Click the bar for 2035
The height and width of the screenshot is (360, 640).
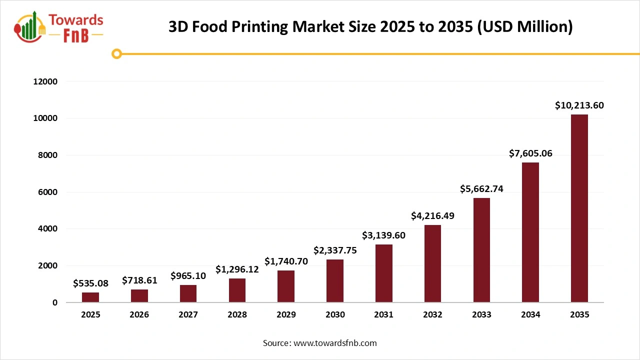[579, 208]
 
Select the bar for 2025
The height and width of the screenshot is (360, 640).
[90, 297]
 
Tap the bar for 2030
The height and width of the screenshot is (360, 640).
[335, 280]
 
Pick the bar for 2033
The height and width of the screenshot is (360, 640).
[481, 250]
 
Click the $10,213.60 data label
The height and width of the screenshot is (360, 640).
[579, 105]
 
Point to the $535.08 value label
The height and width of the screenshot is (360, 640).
[90, 283]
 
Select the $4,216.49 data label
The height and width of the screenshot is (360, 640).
[432, 216]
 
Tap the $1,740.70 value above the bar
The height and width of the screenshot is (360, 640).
[286, 261]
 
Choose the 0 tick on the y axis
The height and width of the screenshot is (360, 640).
[55, 302]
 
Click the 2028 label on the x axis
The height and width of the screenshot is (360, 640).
[237, 315]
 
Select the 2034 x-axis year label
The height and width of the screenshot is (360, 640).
[530, 315]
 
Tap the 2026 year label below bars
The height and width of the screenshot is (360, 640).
[139, 315]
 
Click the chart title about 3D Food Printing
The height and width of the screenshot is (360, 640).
[370, 26]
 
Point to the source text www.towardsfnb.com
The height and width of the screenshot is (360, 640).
[319, 343]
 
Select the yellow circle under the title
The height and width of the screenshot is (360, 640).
[116, 53]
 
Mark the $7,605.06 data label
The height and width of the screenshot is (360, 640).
[530, 153]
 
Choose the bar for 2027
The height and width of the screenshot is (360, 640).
[188, 293]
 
